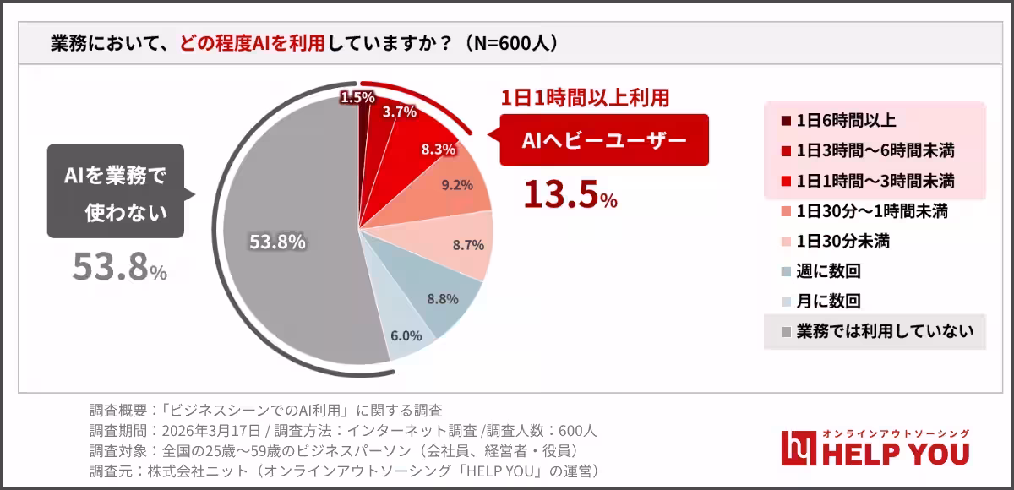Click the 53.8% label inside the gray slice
coord(277,242)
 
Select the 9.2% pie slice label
coord(457,185)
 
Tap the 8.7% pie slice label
coord(468,245)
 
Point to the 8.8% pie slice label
coord(443,298)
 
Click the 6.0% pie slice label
coord(406,335)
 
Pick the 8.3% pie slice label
coord(438,149)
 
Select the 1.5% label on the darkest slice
coord(357,98)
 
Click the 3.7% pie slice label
coord(399,111)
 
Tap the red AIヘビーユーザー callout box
coord(603,141)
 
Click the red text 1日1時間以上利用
coord(586,97)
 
